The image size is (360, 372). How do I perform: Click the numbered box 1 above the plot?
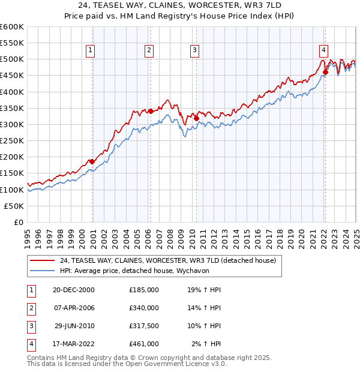point(90,51)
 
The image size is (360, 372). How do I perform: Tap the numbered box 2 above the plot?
point(148,51)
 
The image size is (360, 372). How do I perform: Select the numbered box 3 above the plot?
point(195,51)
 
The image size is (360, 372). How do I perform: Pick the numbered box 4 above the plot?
point(323,51)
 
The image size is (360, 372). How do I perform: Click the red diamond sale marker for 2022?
point(325,73)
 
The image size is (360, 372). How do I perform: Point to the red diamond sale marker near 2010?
point(196,119)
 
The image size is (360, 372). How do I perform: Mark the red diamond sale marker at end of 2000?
point(92,161)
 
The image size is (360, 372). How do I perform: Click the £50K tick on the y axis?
point(14,206)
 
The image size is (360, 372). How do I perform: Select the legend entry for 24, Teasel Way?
point(167,261)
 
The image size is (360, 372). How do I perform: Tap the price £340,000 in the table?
point(144,308)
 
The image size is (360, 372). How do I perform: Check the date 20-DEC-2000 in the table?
point(74,290)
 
